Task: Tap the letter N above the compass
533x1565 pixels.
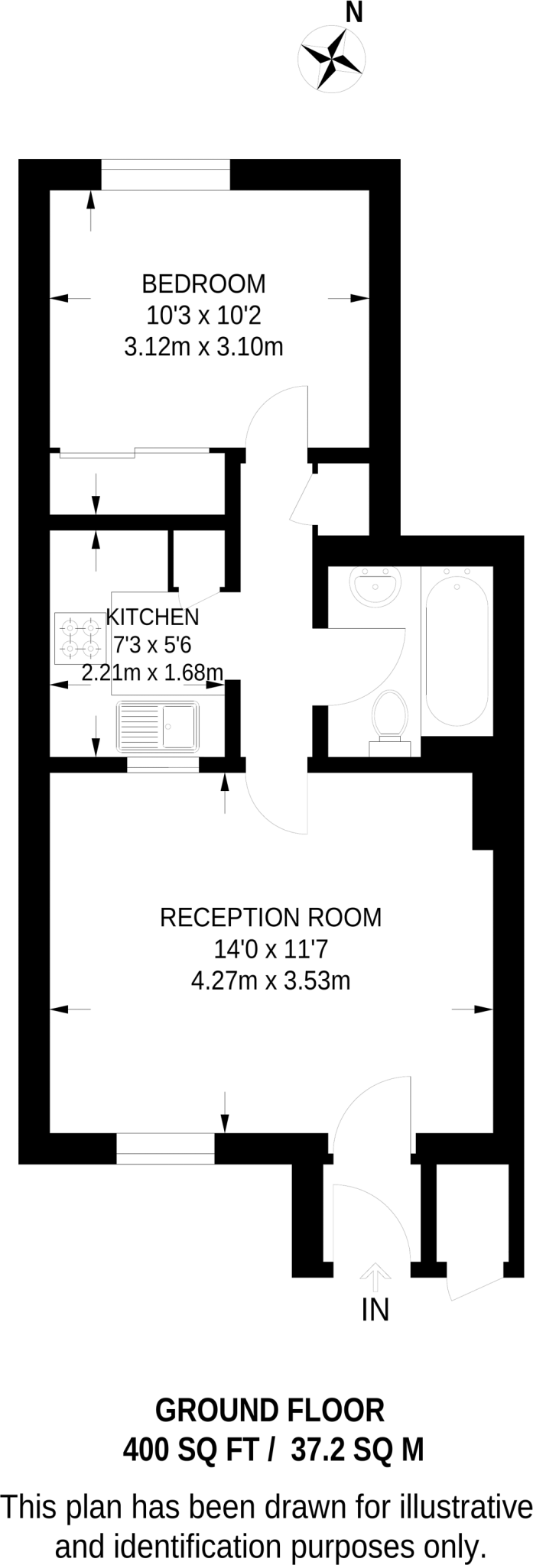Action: coord(354,12)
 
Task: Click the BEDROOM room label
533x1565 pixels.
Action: coord(203,284)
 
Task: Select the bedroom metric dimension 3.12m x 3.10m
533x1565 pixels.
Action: coord(203,348)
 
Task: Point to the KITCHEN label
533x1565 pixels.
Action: coord(152,617)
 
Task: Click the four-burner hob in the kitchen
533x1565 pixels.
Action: coord(80,638)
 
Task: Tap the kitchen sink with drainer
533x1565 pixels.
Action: coord(158,726)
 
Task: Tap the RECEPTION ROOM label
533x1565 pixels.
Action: coord(271,917)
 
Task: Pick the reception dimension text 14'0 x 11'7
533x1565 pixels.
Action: coord(271,949)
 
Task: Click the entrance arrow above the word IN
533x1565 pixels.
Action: coord(375,1271)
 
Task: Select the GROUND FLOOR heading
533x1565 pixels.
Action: coord(270,1411)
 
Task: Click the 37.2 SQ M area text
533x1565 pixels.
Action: coord(357,1449)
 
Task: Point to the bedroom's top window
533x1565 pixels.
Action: coord(165,174)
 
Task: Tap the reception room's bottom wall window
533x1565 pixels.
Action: coord(165,1149)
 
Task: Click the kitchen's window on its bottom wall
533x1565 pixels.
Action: coord(163,765)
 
